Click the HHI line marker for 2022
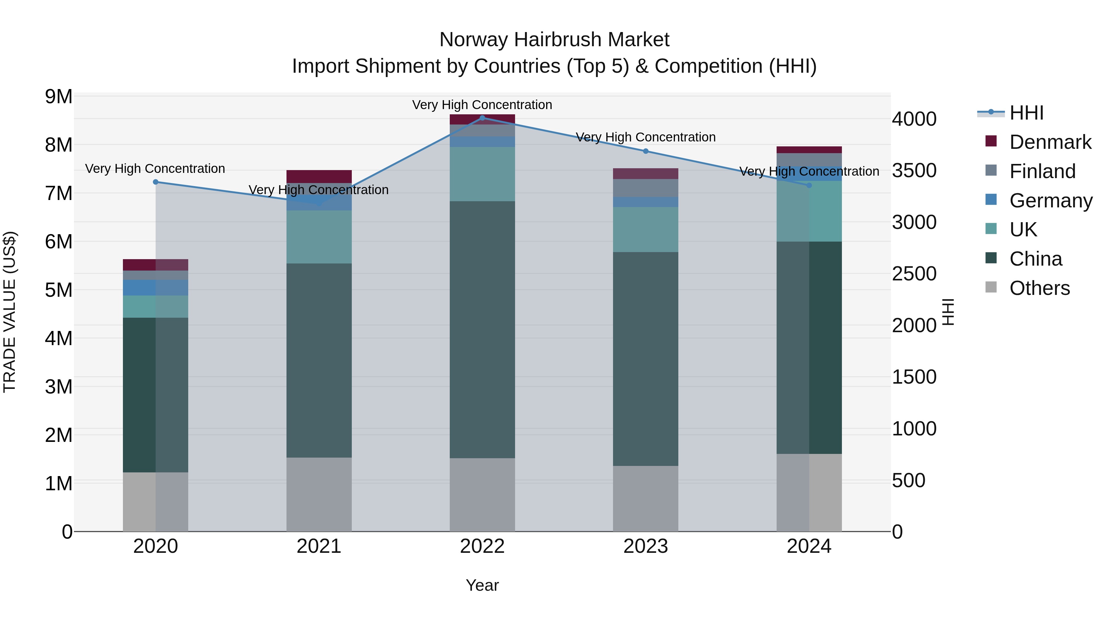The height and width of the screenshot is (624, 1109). point(482,118)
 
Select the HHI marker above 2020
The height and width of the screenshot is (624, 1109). point(156,182)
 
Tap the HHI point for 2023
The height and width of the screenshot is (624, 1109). point(645,151)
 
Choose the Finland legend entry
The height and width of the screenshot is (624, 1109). point(1042,171)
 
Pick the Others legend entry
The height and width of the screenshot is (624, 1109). point(1039,288)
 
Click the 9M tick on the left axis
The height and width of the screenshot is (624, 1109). point(59,96)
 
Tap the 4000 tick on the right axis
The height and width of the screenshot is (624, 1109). point(914,119)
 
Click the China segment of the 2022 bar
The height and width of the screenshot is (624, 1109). point(482,329)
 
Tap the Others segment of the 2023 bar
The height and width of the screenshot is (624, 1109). point(645,498)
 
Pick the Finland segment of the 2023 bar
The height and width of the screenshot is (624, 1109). point(645,188)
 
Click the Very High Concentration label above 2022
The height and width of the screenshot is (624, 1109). point(482,105)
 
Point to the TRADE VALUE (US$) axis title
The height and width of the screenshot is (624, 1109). point(10,312)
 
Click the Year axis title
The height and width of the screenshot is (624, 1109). point(482,585)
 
